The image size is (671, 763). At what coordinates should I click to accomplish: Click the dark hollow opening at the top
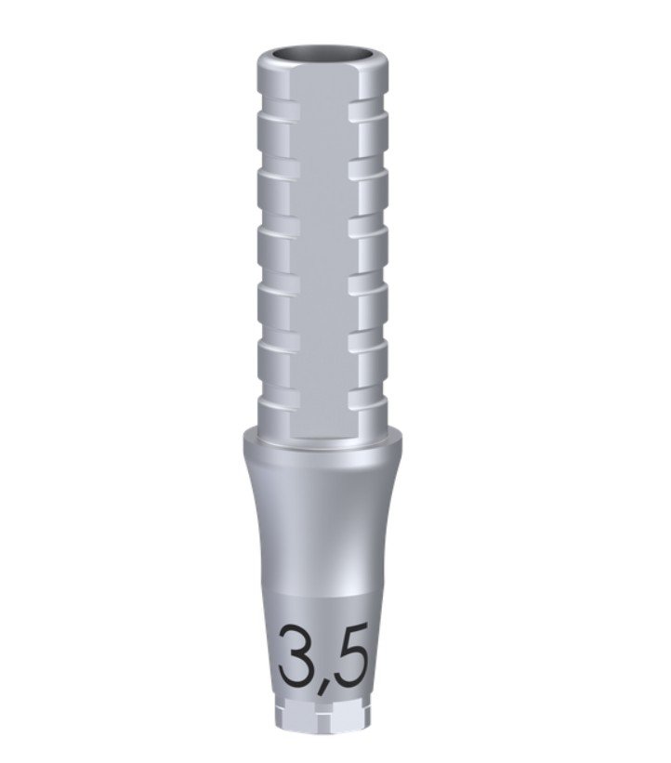tap(322, 55)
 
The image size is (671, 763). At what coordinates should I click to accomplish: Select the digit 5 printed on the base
tap(349, 655)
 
